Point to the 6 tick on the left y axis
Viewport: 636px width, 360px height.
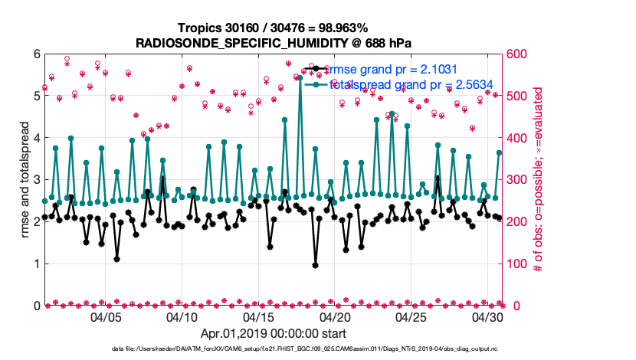pyautogui.click(x=35, y=54)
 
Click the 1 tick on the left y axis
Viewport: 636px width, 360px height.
pyautogui.click(x=35, y=264)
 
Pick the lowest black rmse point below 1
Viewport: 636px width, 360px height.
pyautogui.click(x=316, y=265)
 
